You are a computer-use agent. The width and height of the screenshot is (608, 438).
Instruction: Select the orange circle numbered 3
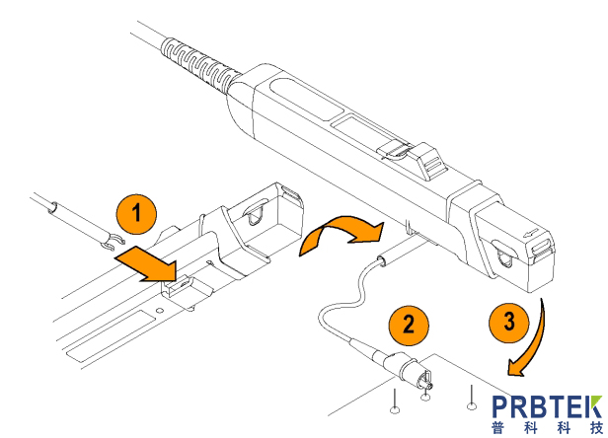[x=509, y=323]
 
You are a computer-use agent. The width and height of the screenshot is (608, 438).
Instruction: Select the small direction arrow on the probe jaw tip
[x=531, y=234]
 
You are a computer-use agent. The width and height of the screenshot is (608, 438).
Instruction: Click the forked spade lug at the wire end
[x=114, y=242]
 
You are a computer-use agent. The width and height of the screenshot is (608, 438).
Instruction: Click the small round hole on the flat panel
[x=159, y=311]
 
